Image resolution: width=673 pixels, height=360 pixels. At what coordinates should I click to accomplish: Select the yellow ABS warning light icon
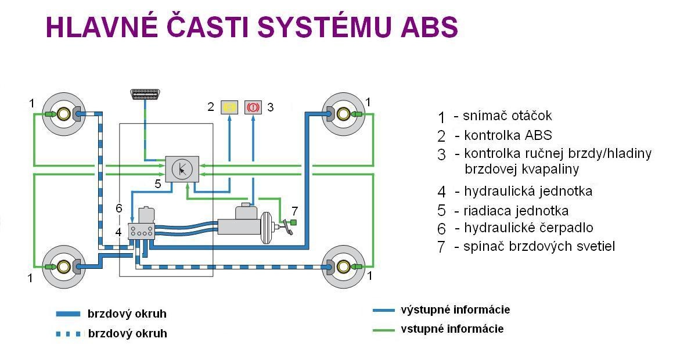pyautogui.click(x=230, y=107)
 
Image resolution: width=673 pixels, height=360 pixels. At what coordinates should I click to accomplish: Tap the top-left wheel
pyautogui.click(x=60, y=114)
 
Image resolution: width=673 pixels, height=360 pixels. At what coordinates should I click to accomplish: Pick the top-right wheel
pyautogui.click(x=344, y=114)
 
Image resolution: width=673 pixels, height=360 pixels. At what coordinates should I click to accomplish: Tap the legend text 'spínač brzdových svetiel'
pyautogui.click(x=539, y=246)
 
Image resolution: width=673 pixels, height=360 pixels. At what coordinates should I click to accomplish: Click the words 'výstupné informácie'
pyautogui.click(x=455, y=309)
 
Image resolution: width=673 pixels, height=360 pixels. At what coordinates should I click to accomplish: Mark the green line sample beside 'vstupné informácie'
pyautogui.click(x=384, y=330)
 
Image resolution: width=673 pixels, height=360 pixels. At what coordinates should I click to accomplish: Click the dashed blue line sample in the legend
pyautogui.click(x=68, y=334)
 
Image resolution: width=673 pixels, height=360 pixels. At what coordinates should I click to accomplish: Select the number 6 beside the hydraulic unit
pyautogui.click(x=118, y=208)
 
